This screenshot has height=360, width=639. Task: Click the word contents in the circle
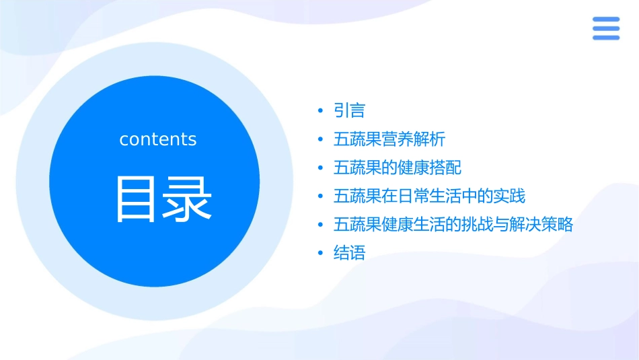(158, 139)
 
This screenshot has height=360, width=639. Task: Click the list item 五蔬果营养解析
(389, 139)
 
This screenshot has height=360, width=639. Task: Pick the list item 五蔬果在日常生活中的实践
(429, 196)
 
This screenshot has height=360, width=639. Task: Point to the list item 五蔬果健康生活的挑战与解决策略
(453, 225)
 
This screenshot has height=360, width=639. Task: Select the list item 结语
(349, 254)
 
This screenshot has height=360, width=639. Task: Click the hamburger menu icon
(606, 28)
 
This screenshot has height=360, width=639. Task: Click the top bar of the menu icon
(606, 19)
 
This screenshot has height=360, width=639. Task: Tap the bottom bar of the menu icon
(606, 38)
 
